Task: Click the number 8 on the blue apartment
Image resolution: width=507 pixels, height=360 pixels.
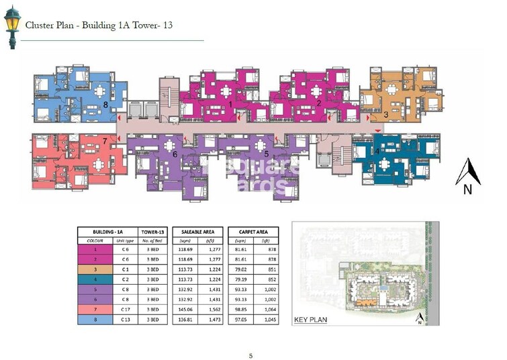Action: [x=105, y=104]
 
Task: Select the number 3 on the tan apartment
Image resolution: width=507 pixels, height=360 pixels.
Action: [x=385, y=114]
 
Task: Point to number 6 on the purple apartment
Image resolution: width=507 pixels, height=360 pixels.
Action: [x=175, y=154]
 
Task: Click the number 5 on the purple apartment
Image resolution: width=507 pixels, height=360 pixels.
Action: [x=267, y=154]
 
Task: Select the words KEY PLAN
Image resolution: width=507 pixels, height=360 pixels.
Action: [x=311, y=320]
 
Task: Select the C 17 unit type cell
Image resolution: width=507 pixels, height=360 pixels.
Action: [x=124, y=310]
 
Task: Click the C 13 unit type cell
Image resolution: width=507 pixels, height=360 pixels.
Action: [x=124, y=320]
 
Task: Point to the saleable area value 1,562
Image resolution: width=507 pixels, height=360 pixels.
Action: [x=210, y=310]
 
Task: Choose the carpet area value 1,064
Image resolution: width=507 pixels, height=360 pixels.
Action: [x=265, y=310]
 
